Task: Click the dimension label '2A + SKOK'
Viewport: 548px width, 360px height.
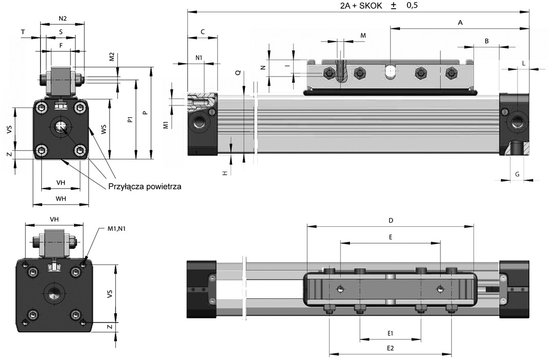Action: pos(361,6)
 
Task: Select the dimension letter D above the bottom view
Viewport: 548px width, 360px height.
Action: pos(391,220)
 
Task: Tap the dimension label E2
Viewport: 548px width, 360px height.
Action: pos(390,348)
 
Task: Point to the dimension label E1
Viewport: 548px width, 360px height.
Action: pos(390,333)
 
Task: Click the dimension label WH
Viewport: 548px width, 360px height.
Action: pos(61,199)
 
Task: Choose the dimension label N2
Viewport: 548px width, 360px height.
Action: pos(63,19)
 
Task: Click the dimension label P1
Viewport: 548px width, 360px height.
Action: pos(130,119)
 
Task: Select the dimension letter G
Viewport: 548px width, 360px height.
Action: pos(517,174)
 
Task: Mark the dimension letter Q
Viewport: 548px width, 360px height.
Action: pos(238,73)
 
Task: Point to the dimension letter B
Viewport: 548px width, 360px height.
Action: pos(486,41)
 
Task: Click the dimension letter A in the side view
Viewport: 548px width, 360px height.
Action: pos(460,23)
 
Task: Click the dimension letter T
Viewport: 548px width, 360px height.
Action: pos(23,32)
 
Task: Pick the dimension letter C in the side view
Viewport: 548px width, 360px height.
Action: pos(203,32)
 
